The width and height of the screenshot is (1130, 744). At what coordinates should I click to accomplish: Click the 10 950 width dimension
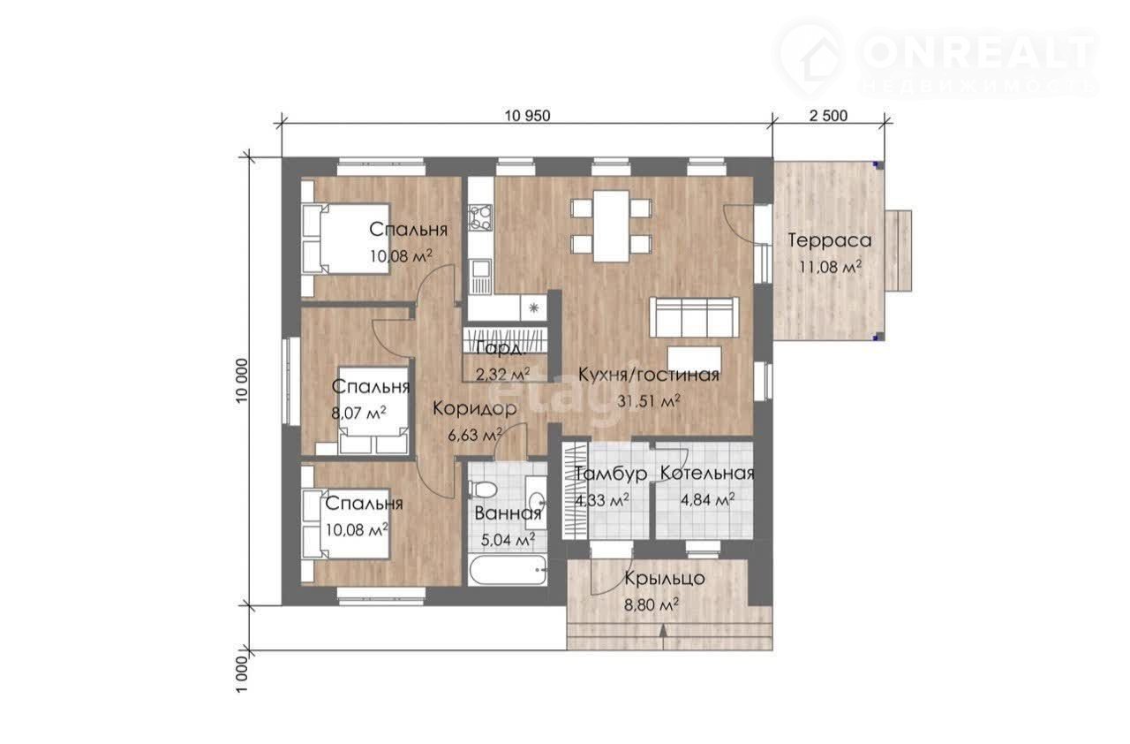pos(527,116)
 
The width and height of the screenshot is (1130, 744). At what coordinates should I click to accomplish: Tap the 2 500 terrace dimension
pos(828,116)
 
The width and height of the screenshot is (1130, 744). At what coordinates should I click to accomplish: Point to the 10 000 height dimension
pos(242,381)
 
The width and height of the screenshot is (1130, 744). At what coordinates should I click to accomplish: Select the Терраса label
pos(830,240)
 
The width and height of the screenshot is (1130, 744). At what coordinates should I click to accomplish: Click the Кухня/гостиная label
pos(648,375)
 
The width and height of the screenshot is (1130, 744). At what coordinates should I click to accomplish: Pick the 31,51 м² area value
pos(649,401)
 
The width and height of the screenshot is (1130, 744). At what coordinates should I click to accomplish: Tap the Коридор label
pos(475,408)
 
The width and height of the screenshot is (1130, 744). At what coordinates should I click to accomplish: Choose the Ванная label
pos(508,514)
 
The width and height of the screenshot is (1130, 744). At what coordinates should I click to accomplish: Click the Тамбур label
pos(611,474)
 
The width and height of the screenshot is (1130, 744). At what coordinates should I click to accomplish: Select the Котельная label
pos(707,474)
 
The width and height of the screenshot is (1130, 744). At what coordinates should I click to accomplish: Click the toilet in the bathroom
pos(483,490)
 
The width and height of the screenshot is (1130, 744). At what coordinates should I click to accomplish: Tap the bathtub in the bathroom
pos(508,570)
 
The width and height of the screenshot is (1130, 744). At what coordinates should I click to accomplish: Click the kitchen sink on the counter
pos(479,277)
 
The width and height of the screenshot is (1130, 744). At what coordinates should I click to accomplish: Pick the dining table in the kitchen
pos(611,225)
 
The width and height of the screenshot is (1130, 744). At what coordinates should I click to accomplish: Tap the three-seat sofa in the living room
pos(694,317)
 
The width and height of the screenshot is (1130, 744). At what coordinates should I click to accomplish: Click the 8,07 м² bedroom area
pos(358,413)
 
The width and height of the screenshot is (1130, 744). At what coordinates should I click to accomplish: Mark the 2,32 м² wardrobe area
pos(503,374)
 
